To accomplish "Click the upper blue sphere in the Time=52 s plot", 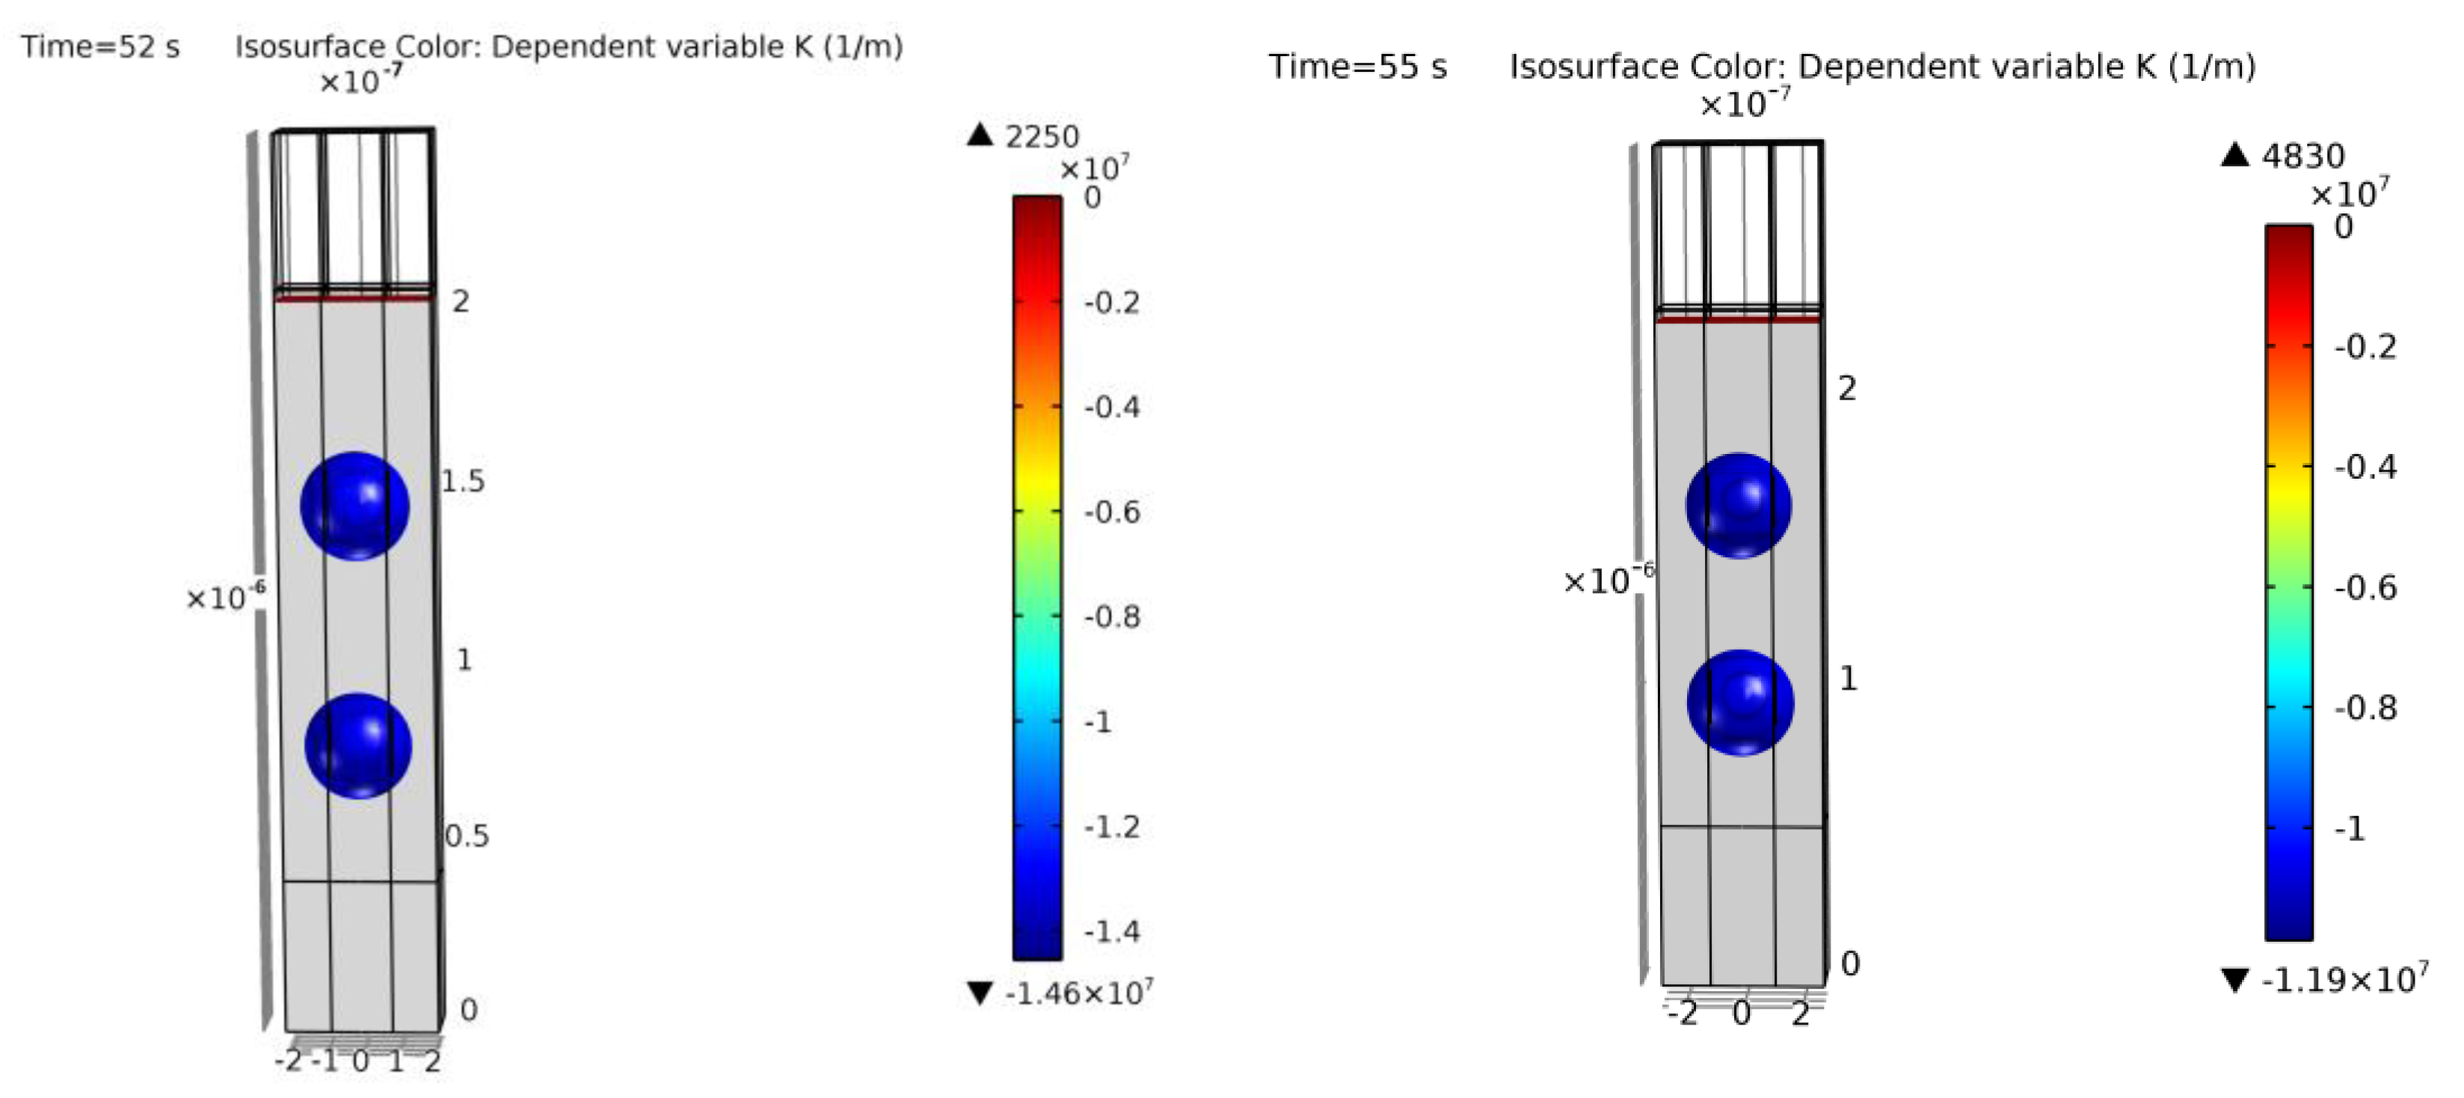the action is point(355,506).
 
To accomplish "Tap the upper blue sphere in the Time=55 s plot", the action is point(1739,506).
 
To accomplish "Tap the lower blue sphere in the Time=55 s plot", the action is point(1740,703).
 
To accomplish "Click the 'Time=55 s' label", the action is point(1357,67).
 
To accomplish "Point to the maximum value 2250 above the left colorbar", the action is point(1042,137).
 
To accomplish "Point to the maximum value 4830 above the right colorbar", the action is point(2302,156).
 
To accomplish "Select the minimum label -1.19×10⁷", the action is point(2344,979).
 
